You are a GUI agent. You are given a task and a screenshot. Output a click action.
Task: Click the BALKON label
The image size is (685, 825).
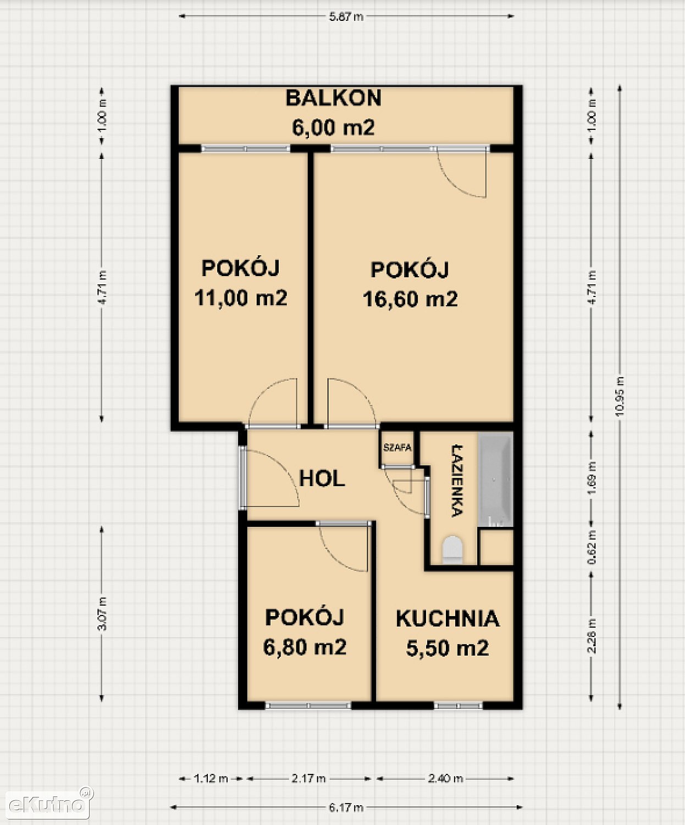click(x=333, y=98)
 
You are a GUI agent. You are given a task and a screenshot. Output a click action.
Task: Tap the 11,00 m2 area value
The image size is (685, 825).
click(x=241, y=298)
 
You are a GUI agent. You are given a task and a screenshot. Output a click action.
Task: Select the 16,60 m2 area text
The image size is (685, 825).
click(x=410, y=299)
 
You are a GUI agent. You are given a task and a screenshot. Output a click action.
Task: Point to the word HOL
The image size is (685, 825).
click(x=322, y=479)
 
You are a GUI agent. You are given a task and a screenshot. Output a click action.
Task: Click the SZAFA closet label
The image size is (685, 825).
click(x=397, y=448)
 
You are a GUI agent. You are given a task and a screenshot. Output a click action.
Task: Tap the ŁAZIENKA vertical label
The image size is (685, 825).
click(x=457, y=481)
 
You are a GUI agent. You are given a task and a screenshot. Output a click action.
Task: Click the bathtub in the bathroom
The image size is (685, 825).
click(x=495, y=480)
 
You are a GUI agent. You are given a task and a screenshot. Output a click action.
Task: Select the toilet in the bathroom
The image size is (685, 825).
click(x=452, y=549)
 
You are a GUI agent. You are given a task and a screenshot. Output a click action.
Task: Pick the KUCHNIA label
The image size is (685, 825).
click(x=448, y=619)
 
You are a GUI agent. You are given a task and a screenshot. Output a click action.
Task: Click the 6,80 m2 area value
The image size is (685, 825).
click(x=305, y=647)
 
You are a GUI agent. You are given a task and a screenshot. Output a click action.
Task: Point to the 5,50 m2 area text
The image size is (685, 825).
click(x=448, y=648)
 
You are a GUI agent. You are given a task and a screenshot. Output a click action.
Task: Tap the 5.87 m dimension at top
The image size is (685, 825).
click(x=346, y=17)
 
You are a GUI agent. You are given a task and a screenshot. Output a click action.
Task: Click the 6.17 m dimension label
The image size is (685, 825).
click(x=346, y=807)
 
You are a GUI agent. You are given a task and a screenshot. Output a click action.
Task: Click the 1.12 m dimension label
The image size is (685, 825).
click(x=211, y=778)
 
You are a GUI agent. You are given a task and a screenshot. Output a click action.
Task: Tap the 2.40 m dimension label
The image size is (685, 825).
click(x=446, y=778)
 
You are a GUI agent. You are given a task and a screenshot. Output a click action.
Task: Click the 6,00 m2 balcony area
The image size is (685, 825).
click(x=333, y=127)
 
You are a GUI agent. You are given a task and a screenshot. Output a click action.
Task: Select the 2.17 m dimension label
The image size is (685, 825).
click(x=308, y=778)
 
